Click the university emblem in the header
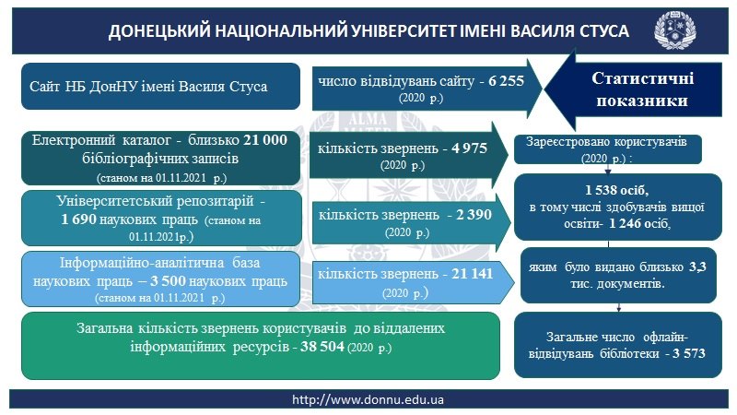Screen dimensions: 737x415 [675, 30]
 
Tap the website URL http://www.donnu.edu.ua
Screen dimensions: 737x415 [368, 400]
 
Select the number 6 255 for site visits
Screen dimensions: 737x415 [506, 81]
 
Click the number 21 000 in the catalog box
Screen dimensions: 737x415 [265, 140]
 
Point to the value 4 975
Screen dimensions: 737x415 [469, 148]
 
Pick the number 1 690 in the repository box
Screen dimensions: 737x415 [78, 219]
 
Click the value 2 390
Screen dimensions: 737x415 [474, 215]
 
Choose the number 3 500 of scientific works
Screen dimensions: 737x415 [169, 281]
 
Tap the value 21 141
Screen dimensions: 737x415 [473, 273]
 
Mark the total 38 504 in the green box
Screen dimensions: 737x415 [322, 347]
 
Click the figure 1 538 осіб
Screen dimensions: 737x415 [616, 190]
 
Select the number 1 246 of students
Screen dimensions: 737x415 [626, 223]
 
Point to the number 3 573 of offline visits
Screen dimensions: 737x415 [689, 353]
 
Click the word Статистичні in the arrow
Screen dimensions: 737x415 [642, 78]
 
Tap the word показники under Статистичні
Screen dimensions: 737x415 [642, 101]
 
